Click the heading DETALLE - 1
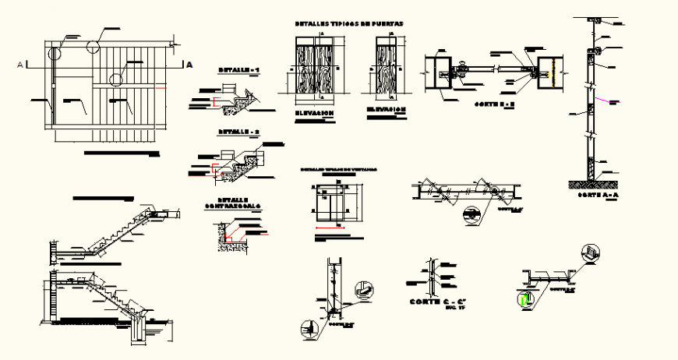pyautogui.click(x=238, y=70)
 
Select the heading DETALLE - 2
pyautogui.click(x=238, y=132)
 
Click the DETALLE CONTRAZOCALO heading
pyautogui.click(x=234, y=203)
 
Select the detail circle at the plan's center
pyautogui.click(x=116, y=79)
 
